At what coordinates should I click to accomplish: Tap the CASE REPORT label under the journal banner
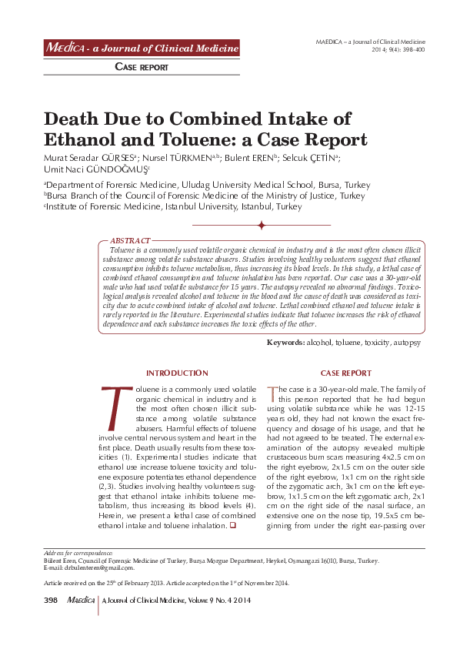[142, 68]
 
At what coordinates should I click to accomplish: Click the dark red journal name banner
[142, 48]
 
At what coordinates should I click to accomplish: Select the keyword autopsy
[407, 342]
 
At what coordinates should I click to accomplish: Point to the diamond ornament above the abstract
[262, 225]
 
